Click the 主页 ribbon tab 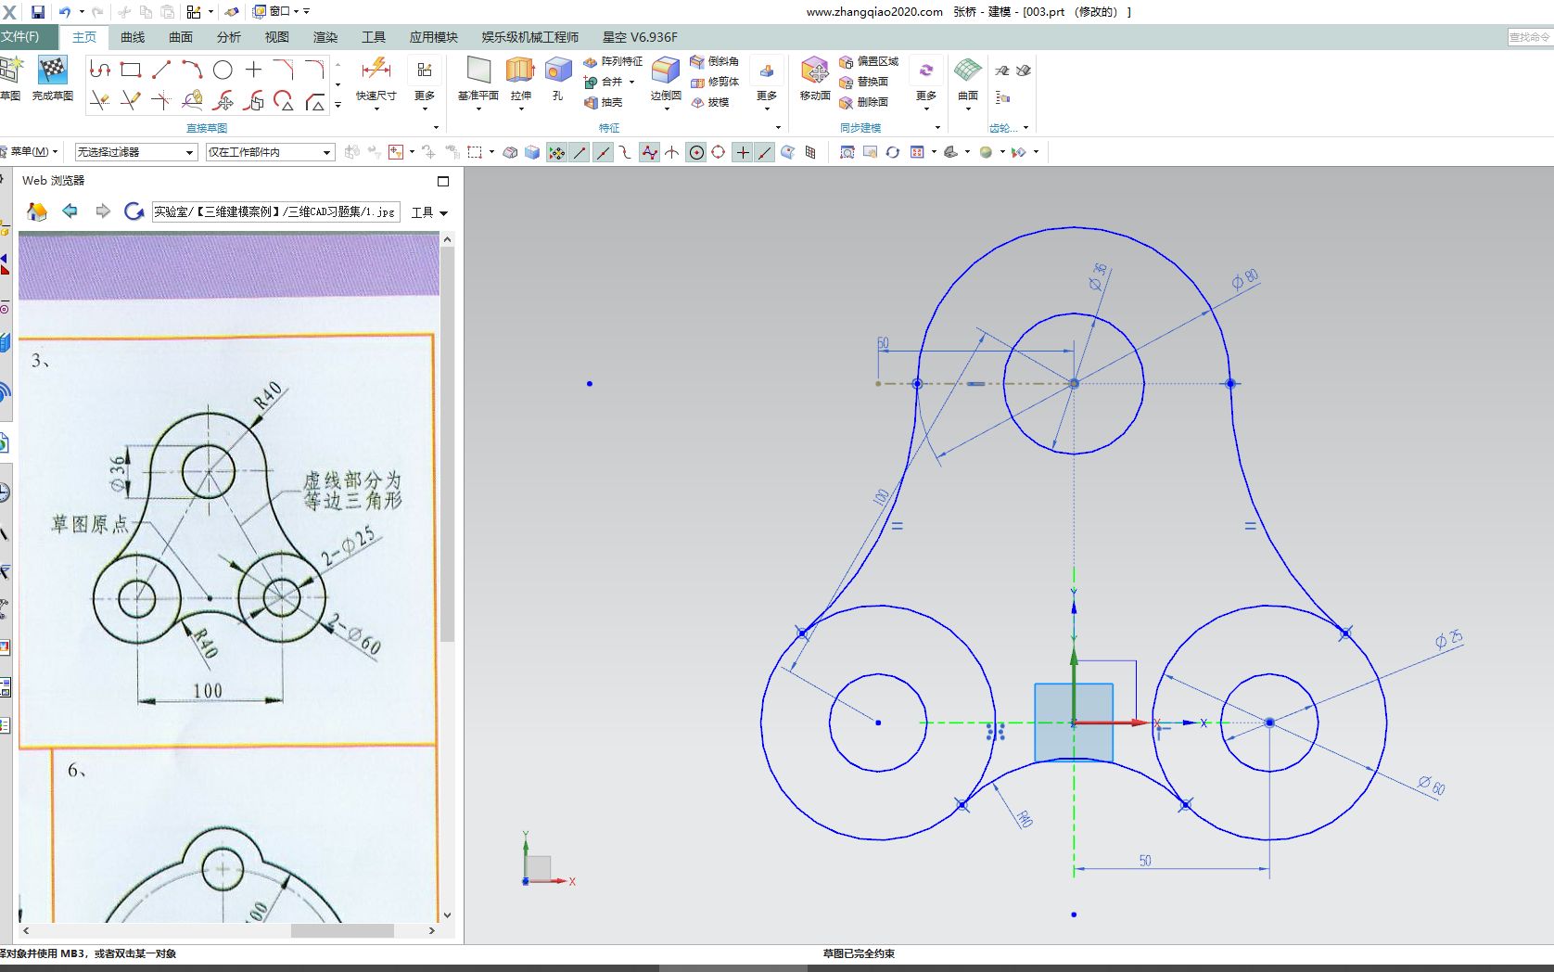[x=83, y=37]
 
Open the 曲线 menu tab [x=133, y=37]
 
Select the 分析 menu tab [x=228, y=37]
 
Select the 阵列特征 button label [x=621, y=61]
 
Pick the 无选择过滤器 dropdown [x=135, y=152]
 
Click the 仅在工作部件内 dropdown [x=269, y=152]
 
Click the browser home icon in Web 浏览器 [x=37, y=211]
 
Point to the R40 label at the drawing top [x=268, y=395]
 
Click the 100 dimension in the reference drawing [x=208, y=690]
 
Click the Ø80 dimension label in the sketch [x=1244, y=279]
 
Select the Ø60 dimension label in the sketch [x=1431, y=786]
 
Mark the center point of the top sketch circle [x=1074, y=383]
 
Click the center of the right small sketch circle [x=1269, y=723]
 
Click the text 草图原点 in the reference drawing [x=90, y=525]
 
